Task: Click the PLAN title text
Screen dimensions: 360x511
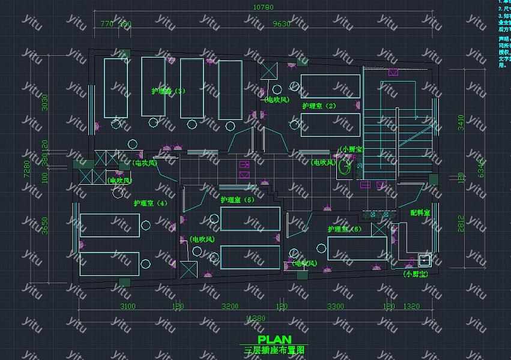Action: click(274, 340)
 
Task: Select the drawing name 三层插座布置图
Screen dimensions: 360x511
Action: click(274, 349)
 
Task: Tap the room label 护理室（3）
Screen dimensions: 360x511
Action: click(168, 91)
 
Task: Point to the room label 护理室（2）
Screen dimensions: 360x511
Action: click(319, 106)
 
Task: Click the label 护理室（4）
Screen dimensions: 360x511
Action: click(150, 203)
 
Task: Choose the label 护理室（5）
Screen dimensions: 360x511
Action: click(237, 200)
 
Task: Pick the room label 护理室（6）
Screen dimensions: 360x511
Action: click(344, 229)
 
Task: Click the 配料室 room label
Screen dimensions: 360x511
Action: click(420, 213)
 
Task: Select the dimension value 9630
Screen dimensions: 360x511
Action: click(281, 24)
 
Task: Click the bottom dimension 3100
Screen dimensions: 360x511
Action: click(127, 307)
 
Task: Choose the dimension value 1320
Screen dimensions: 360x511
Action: click(411, 307)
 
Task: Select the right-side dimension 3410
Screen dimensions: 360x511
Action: click(461, 123)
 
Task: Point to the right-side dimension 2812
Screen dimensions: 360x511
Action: click(461, 223)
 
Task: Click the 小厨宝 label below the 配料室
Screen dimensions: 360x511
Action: click(415, 274)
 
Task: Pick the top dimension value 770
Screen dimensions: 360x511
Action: click(106, 24)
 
